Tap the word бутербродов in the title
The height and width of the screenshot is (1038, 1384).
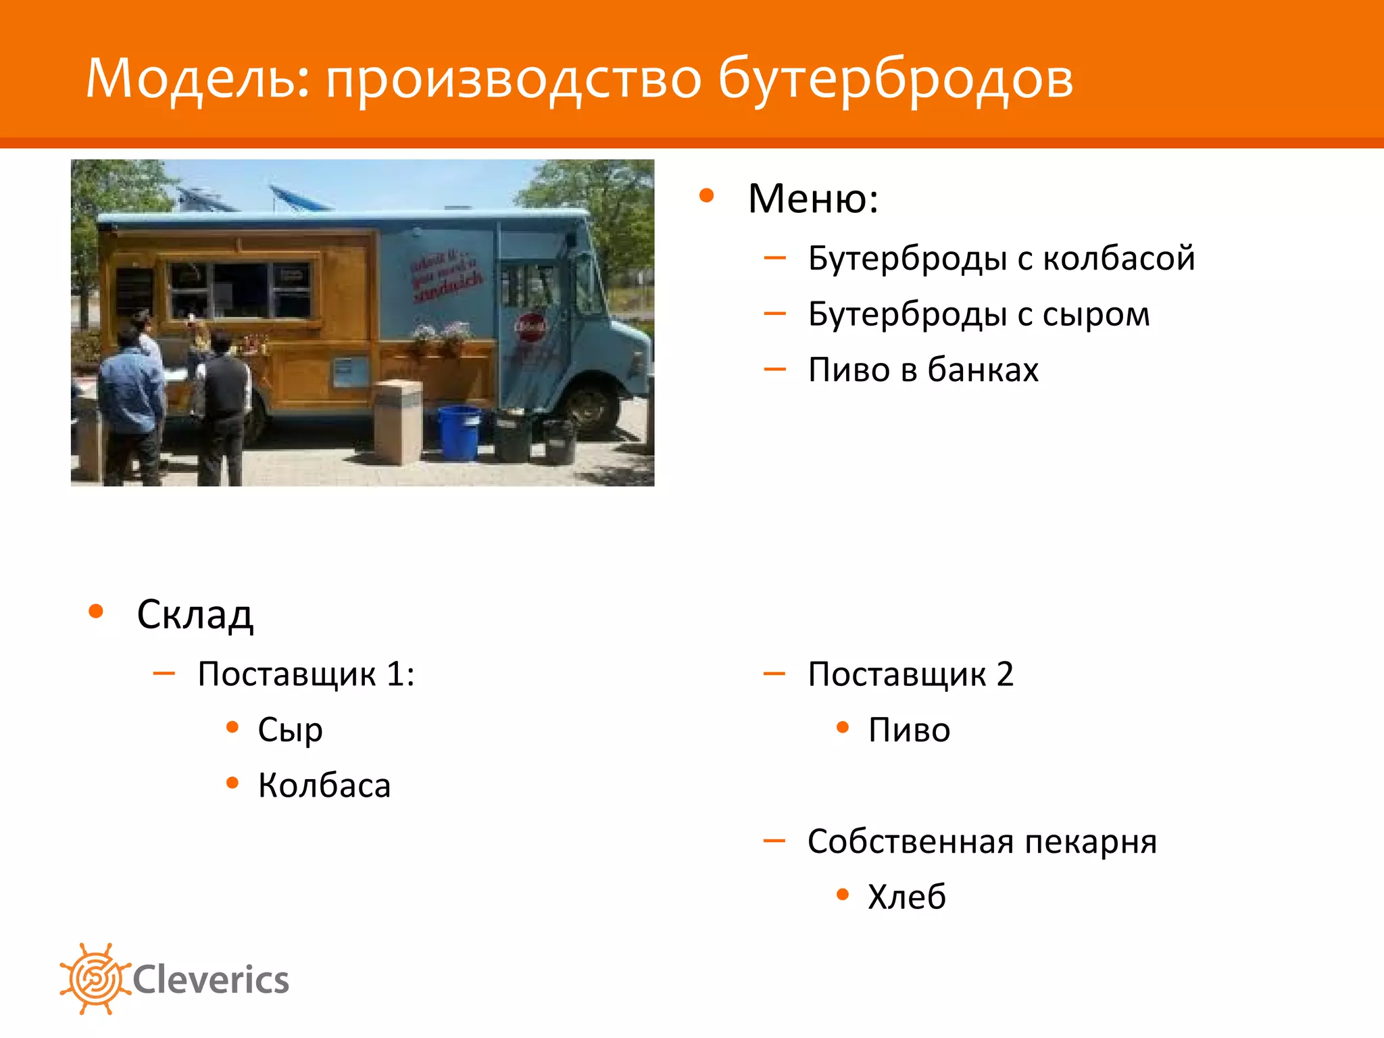pos(895,80)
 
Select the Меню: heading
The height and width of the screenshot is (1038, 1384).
pos(813,199)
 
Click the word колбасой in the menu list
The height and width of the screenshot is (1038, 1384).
pos(1118,258)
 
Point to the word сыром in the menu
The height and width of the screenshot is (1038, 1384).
pos(1095,315)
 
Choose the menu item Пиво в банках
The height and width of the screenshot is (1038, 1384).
pos(923,370)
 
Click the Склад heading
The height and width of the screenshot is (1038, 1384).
pos(195,615)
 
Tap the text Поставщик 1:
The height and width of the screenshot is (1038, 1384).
pos(306,674)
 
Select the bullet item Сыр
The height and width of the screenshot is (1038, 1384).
pos(290,731)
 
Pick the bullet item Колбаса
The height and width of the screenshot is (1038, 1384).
pos(324,786)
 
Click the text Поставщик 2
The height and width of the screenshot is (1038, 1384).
pos(910,674)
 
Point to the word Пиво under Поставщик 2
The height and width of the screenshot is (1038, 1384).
pos(909,731)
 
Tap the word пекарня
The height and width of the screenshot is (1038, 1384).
pos(1090,842)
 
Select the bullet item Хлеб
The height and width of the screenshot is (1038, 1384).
pos(907,897)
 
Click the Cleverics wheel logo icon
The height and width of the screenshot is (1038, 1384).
pos(95,979)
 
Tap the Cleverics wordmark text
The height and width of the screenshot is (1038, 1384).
pos(211,981)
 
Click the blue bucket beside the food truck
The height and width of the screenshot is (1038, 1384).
pos(459,432)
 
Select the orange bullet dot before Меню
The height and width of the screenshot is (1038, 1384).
pos(707,196)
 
